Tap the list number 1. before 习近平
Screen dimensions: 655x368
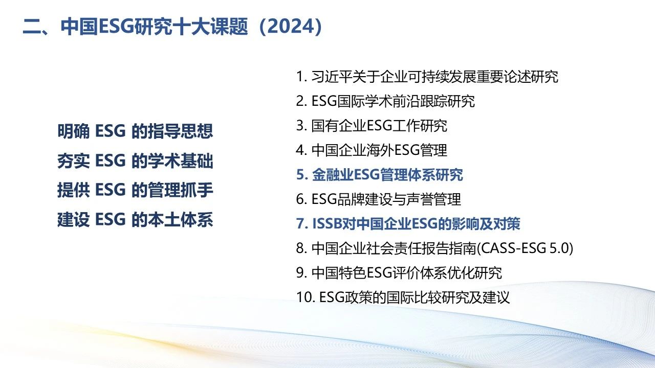point(301,77)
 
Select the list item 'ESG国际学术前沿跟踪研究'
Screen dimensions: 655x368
point(393,101)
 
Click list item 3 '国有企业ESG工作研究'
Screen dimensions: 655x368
point(379,126)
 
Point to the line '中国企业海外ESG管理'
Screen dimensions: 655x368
point(379,150)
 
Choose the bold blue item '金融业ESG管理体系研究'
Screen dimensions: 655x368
point(387,175)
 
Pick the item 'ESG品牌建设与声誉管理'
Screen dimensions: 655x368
point(386,199)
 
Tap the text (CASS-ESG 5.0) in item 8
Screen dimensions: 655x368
point(525,248)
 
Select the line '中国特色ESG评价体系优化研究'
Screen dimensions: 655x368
point(406,273)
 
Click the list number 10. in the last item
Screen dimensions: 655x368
point(305,297)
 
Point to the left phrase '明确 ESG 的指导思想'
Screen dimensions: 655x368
point(135,131)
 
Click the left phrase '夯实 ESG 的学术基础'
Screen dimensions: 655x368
point(135,161)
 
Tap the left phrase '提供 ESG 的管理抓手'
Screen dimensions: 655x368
point(135,190)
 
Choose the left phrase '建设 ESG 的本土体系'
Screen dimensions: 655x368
point(135,220)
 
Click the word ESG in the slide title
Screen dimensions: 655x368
point(116,27)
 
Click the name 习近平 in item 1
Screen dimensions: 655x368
point(332,77)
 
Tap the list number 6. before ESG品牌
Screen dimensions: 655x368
point(301,199)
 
